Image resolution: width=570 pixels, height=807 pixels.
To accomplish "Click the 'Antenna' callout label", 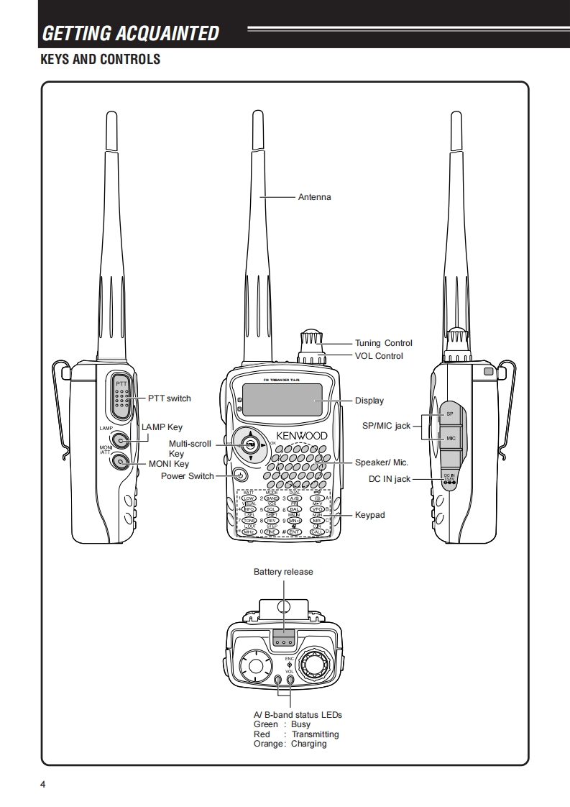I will [x=314, y=197].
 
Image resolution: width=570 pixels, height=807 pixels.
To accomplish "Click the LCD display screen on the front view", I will [x=282, y=400].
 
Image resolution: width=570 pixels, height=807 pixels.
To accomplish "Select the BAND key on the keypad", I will [x=272, y=498].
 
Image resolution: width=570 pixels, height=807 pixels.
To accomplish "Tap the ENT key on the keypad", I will [x=294, y=532].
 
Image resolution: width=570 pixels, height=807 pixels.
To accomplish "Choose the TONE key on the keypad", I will [x=249, y=520].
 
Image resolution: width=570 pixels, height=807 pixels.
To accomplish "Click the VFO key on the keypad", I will [x=316, y=509].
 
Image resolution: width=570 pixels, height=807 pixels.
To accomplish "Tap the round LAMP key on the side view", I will [x=121, y=440].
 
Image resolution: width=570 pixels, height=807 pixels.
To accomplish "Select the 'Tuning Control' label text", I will [x=384, y=343].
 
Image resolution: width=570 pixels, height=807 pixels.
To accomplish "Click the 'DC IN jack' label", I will [x=389, y=479].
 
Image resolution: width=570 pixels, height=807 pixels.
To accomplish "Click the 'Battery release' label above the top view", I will [x=283, y=572].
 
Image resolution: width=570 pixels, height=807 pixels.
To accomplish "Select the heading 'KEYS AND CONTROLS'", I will [x=100, y=59].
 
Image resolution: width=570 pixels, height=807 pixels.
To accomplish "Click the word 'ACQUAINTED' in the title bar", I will [x=172, y=33].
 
